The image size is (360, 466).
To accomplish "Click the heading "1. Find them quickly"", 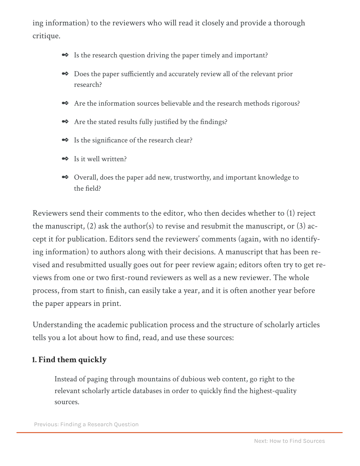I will pos(69,360).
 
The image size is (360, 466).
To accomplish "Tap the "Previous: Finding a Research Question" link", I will pos(86,424).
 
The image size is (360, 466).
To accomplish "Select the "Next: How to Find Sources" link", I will pos(289,441).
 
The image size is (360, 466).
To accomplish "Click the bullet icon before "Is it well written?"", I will pos(65,159).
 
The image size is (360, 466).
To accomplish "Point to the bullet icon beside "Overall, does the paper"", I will pos(65,177).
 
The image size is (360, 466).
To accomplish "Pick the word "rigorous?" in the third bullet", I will pos(285,103).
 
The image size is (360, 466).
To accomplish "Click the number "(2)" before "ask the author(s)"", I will pos(92,226).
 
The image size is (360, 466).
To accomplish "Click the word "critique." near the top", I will pos(46,36).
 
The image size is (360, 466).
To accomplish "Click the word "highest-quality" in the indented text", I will pos(273,391).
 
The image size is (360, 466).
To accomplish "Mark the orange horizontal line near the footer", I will pos(179,433).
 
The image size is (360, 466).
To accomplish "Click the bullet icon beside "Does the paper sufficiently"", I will pos(65,74).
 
